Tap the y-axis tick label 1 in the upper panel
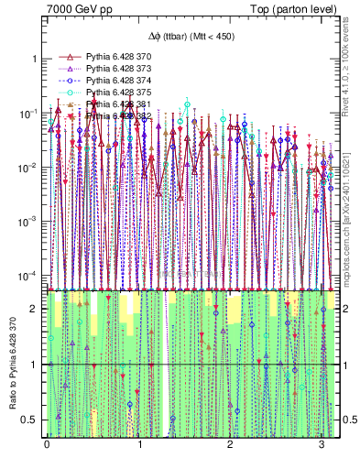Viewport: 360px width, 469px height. click(x=36, y=60)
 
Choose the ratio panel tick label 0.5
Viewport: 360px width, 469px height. click(x=32, y=420)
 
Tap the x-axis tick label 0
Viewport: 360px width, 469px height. click(x=47, y=444)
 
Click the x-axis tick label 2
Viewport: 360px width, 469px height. click(x=231, y=444)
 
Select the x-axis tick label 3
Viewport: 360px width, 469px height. click(x=322, y=444)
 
